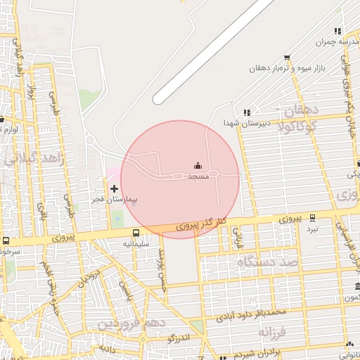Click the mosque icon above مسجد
(198, 167)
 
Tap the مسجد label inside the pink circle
(198, 176)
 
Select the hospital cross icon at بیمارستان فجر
(115, 188)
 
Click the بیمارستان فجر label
(117, 200)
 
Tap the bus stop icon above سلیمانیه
(136, 233)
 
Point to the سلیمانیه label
(136, 243)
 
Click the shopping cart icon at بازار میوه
(286, 58)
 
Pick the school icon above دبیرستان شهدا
(246, 112)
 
